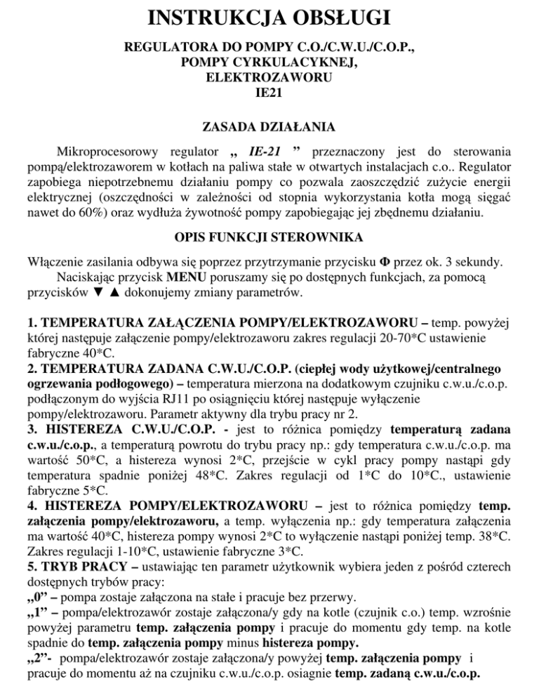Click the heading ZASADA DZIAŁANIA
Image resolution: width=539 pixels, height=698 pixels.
click(x=269, y=128)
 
